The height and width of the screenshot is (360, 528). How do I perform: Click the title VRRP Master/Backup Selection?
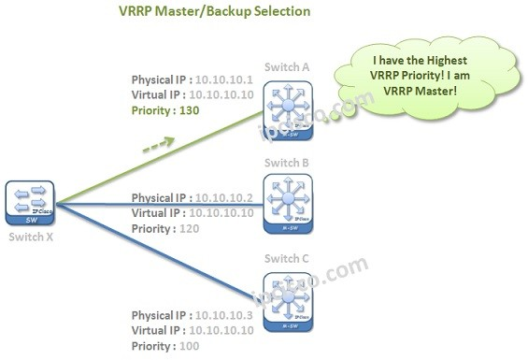[x=215, y=12]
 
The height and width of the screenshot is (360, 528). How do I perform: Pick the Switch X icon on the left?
[x=30, y=204]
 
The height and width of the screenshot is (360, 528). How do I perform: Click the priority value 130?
[x=190, y=110]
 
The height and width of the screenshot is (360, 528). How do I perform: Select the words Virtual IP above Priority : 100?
[x=157, y=330]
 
